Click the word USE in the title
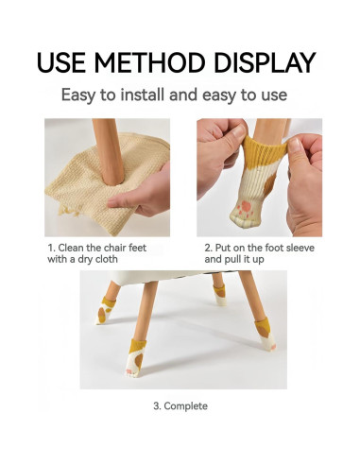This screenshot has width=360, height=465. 65,62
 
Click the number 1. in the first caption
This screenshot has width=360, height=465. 52,248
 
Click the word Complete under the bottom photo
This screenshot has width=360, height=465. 186,406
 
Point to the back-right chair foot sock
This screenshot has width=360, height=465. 220,293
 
